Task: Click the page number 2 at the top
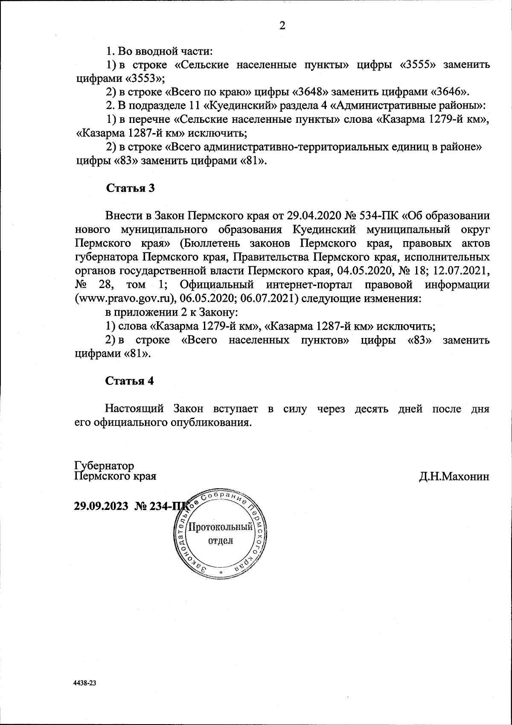[x=282, y=26]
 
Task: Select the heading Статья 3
[x=130, y=188]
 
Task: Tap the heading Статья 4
[x=130, y=381]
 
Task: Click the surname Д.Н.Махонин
[x=454, y=476]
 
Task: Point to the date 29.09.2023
[x=101, y=506]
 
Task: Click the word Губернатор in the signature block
[x=104, y=465]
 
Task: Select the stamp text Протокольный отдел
[x=221, y=534]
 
